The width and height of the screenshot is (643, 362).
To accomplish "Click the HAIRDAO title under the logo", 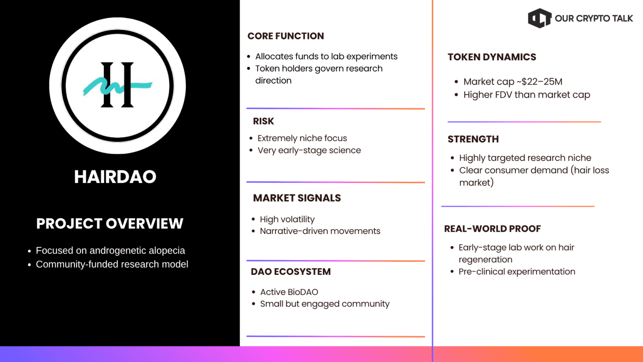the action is [115, 176].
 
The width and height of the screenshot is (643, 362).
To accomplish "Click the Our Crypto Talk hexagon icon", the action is [540, 18].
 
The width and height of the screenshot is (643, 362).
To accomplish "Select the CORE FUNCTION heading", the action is [285, 36].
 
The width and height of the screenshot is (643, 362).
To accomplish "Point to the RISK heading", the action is [263, 121].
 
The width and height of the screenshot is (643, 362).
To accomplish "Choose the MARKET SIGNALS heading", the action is [297, 198].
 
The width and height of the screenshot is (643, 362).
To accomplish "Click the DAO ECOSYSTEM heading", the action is [291, 271].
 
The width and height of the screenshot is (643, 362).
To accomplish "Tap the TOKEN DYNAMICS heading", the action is [492, 57].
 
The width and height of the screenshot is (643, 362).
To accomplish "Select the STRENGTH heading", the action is [473, 139].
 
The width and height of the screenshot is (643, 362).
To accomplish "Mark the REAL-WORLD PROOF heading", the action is [492, 229].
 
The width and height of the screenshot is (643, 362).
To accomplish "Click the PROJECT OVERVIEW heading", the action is [110, 223].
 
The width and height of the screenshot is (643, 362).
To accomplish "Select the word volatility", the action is [297, 220].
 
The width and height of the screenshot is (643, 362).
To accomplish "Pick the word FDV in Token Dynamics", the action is [504, 95].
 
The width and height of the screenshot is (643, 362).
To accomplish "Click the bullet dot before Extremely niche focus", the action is [251, 139].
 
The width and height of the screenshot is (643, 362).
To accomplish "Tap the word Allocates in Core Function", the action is [274, 56].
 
